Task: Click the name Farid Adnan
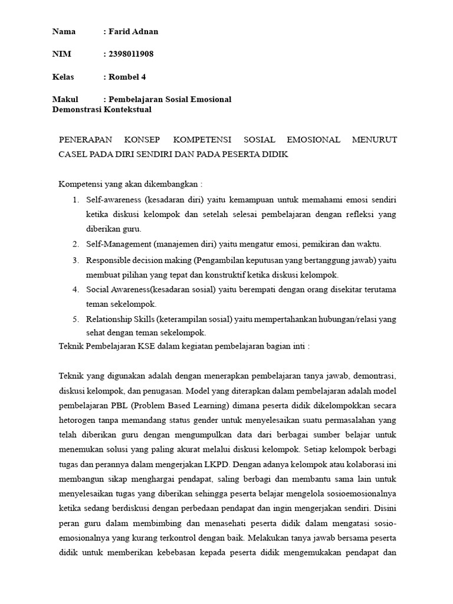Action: point(134,32)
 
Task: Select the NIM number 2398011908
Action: point(131,54)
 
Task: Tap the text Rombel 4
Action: point(127,77)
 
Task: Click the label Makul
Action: point(65,99)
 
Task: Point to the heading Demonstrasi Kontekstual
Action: point(101,110)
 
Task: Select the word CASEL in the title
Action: point(72,154)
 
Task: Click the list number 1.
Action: point(75,200)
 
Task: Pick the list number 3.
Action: point(75,260)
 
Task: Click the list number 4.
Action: point(75,290)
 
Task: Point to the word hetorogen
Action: point(78,420)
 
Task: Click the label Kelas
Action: point(63,77)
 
